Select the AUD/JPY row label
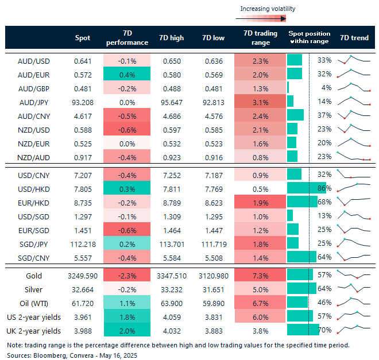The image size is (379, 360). (33, 102)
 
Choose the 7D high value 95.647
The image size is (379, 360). (171, 102)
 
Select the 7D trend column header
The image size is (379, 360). (354, 38)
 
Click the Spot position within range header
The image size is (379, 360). (308, 38)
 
